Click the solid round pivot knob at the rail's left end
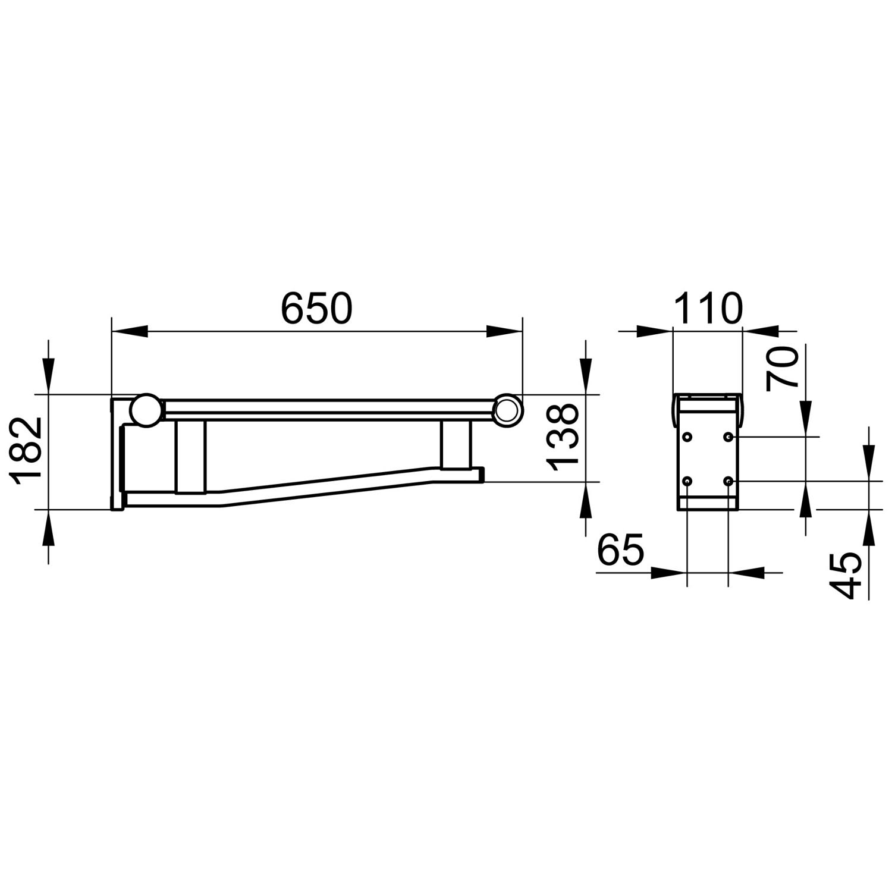(x=146, y=410)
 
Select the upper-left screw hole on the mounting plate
(x=688, y=437)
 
